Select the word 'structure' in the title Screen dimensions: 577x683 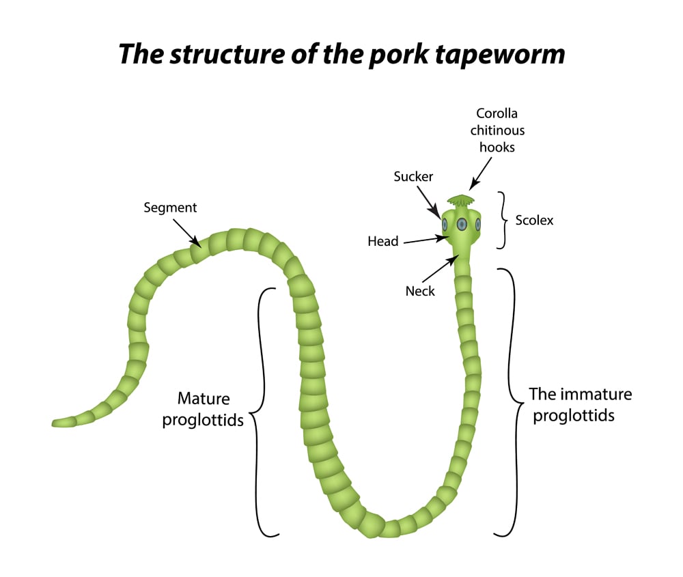(x=216, y=53)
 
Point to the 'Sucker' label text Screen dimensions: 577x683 (x=413, y=177)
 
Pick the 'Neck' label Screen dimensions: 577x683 (x=420, y=291)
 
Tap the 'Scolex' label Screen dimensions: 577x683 (x=534, y=221)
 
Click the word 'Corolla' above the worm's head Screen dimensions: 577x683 (x=497, y=113)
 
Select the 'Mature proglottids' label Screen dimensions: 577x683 (x=203, y=408)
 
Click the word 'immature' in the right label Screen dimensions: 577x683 (x=592, y=395)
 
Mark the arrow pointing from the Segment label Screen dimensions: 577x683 (x=189, y=233)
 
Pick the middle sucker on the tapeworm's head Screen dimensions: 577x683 (x=462, y=224)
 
